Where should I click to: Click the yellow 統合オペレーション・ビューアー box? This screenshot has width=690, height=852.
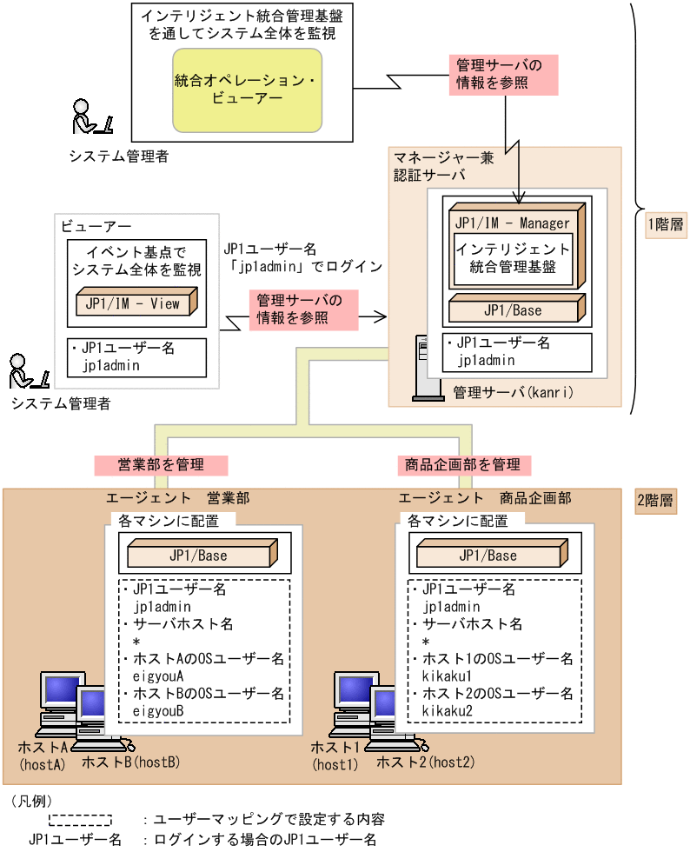(x=248, y=90)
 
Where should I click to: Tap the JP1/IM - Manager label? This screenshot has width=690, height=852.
(x=513, y=223)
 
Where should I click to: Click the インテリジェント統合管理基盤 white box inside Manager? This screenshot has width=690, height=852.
(x=513, y=258)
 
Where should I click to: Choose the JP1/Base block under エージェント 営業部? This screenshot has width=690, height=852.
(x=201, y=556)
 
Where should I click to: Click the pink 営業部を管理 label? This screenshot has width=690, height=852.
(x=161, y=465)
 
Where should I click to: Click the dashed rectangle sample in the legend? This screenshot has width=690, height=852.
(x=80, y=819)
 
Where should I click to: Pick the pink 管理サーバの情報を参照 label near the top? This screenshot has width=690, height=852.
(x=501, y=76)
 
